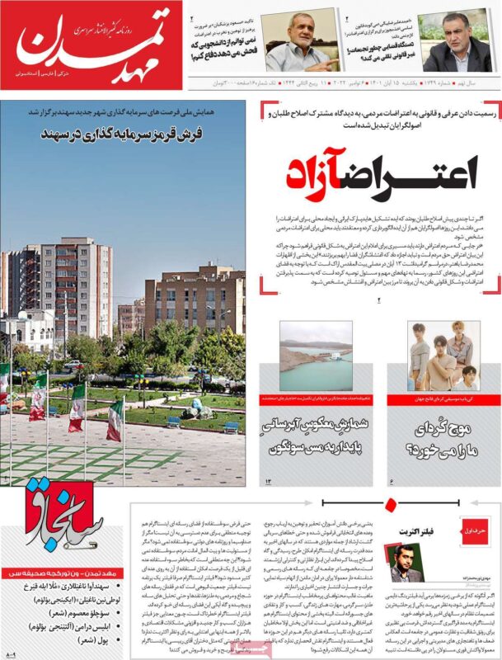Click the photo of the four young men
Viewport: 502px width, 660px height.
tap(443, 356)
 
